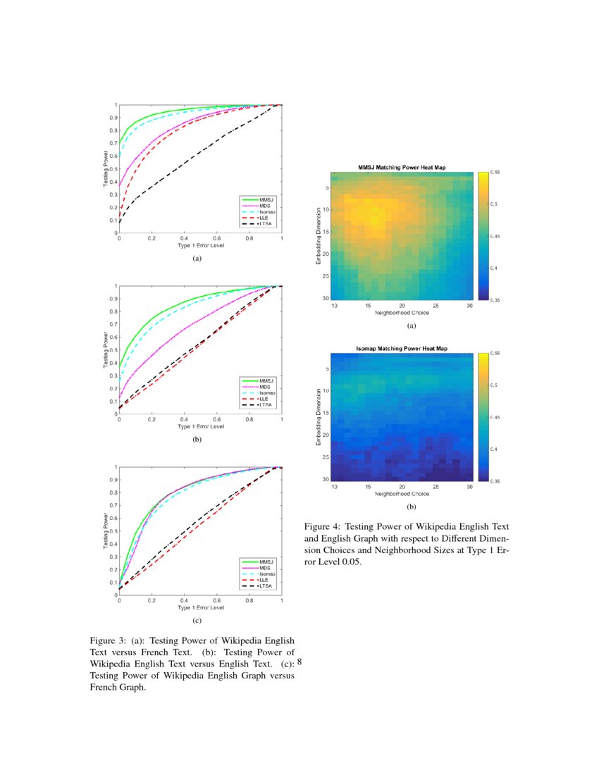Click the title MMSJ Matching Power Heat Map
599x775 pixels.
402,168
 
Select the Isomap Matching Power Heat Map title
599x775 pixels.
402,349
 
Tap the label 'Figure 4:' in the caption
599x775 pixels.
322,526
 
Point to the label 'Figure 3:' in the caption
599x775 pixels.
108,641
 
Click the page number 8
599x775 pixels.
299,662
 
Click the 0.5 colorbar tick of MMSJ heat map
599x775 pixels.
495,204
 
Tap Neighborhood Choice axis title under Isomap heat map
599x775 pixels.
402,494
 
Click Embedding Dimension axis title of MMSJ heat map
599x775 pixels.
319,236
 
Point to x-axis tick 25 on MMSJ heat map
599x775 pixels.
436,306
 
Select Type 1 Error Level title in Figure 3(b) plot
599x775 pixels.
201,426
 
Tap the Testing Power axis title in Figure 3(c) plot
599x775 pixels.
106,531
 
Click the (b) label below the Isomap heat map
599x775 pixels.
411,507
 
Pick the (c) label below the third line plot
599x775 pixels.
197,621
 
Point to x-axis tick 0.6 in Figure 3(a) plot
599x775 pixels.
217,240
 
